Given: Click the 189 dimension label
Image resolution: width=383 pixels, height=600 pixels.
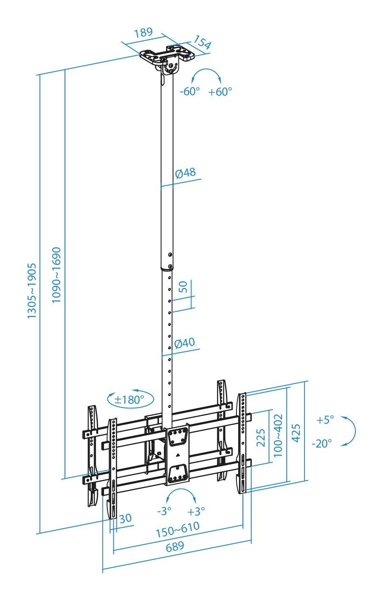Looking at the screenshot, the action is [144, 33].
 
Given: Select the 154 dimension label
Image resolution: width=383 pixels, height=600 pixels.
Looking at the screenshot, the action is [202, 42].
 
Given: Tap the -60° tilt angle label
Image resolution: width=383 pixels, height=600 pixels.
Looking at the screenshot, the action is [189, 92].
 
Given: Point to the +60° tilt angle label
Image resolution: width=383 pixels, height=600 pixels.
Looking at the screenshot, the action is [220, 92].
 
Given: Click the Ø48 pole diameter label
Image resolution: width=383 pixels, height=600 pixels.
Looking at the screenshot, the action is [185, 173].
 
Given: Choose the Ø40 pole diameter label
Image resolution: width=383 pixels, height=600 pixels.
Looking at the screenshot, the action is [184, 343].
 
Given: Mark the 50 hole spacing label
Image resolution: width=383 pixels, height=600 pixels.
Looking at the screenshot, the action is [183, 287].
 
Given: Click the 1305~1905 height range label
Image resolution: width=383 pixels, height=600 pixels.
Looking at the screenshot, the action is [31, 291].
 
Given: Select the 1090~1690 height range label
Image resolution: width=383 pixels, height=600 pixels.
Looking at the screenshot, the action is [56, 275].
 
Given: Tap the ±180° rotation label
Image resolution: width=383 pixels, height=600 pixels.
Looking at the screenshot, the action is [129, 400].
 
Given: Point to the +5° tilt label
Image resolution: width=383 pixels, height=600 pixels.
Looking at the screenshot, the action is [325, 420].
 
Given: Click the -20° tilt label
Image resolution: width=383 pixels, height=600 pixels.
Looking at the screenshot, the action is [322, 444].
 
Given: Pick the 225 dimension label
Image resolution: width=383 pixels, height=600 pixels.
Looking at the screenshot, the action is [261, 438].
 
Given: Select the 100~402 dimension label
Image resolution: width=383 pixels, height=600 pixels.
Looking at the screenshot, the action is [278, 435].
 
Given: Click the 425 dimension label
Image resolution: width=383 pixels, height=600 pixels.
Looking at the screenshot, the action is [296, 433].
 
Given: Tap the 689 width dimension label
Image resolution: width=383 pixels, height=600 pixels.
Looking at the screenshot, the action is [175, 546].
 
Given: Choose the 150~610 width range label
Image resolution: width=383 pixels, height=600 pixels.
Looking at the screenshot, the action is [178, 529].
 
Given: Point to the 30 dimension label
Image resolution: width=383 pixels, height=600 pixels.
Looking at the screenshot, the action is [125, 518].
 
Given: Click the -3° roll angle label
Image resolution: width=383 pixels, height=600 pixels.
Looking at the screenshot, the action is [164, 511].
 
